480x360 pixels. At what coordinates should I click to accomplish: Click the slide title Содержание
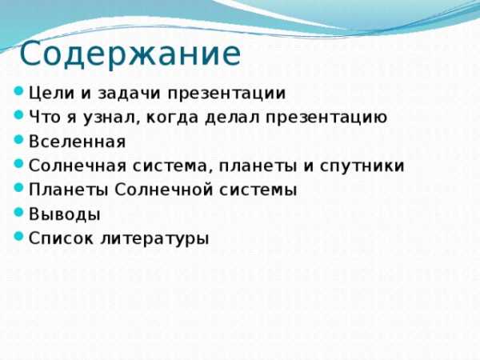click(130, 54)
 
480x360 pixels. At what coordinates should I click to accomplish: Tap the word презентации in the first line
click(226, 94)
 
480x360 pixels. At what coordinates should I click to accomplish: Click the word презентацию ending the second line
click(326, 118)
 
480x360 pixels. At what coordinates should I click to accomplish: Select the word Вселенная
click(77, 142)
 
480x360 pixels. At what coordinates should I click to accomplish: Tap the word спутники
click(362, 166)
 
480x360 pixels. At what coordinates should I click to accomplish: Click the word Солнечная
click(78, 166)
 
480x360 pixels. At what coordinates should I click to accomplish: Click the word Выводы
click(65, 214)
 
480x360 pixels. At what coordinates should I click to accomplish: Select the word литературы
click(154, 238)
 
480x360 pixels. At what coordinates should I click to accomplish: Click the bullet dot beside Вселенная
click(19, 139)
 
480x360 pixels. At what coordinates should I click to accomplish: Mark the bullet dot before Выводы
click(19, 212)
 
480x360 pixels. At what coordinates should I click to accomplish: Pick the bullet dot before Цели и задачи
click(19, 91)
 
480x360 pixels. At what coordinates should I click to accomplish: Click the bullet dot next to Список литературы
click(19, 236)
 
